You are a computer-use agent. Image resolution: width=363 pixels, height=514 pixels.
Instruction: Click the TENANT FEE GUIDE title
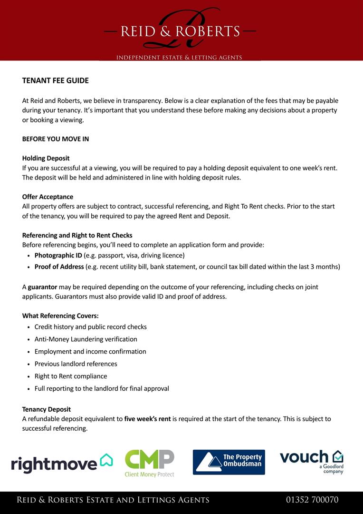(55, 80)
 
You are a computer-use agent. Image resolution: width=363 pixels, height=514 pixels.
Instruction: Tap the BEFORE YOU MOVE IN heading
(55, 139)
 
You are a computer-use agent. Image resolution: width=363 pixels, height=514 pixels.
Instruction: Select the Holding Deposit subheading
(46, 158)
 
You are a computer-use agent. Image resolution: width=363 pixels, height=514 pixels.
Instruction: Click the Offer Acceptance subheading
(48, 197)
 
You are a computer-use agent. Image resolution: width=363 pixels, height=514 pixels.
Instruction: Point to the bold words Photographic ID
(58, 255)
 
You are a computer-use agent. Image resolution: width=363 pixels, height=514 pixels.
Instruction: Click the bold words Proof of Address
(59, 267)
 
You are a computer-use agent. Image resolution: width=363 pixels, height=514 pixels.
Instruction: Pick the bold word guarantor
(42, 287)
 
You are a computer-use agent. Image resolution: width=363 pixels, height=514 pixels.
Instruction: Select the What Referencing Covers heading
(60, 316)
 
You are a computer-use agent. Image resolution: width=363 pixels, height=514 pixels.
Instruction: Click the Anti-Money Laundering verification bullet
(86, 339)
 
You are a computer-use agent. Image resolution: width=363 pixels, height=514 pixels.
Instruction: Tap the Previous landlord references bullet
(76, 364)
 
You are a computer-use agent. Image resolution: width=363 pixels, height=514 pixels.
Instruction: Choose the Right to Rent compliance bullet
(71, 376)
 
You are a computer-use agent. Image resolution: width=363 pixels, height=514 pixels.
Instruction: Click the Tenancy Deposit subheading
(46, 409)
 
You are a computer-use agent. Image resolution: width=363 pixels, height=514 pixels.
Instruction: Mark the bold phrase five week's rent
(147, 419)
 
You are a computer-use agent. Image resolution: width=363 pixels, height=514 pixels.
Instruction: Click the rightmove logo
(62, 463)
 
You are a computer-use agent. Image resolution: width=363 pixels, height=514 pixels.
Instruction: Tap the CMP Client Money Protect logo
(149, 463)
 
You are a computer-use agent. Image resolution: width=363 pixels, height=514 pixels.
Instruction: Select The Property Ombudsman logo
(229, 463)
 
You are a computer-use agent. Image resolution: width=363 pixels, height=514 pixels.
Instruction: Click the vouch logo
(311, 461)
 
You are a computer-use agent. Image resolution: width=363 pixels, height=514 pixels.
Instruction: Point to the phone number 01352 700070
(312, 500)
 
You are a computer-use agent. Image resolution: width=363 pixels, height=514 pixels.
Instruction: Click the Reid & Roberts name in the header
(180, 31)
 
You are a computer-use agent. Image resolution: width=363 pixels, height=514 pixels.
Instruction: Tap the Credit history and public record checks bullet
(90, 327)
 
